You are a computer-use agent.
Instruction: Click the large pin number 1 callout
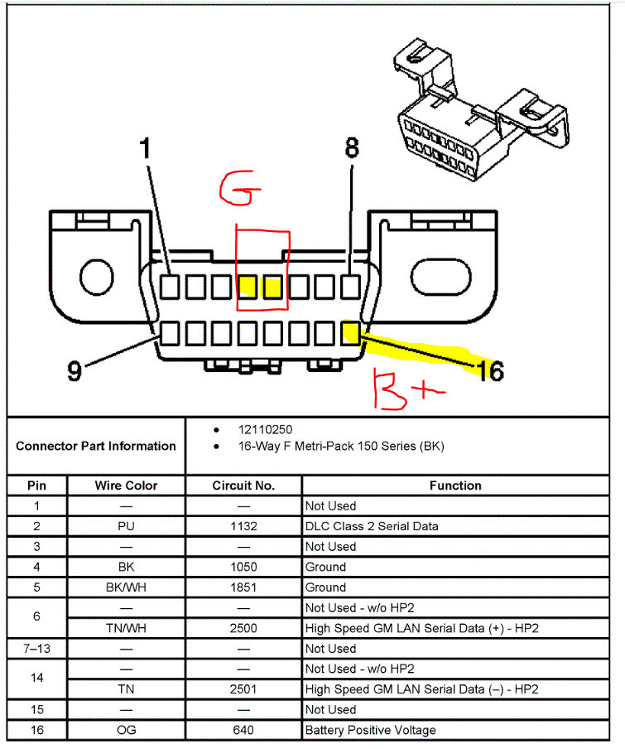pos(146,150)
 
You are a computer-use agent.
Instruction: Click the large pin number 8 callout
pos(352,148)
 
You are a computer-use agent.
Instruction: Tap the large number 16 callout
pos(490,370)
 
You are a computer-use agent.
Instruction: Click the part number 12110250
pos(265,430)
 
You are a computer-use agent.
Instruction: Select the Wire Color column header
pos(126,486)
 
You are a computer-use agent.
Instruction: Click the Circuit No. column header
pos(243,486)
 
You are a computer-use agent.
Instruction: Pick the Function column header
pos(454,486)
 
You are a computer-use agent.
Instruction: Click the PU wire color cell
pos(126,526)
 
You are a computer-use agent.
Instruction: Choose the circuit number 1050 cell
pos(243,567)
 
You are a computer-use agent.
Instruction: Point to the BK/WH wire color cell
pos(126,587)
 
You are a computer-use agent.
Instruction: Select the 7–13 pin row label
pos(36,649)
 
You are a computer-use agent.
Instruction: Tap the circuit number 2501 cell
pos(243,689)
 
